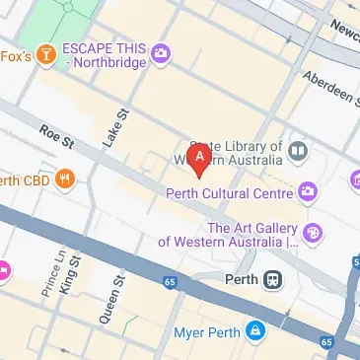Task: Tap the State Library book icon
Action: [x=299, y=151]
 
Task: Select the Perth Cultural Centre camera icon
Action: [x=309, y=190]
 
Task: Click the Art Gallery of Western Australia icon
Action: [x=314, y=233]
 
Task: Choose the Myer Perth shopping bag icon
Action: [x=255, y=329]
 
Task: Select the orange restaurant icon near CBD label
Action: [x=64, y=180]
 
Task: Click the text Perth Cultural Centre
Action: [x=232, y=191]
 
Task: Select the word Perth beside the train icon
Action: [x=241, y=278]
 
